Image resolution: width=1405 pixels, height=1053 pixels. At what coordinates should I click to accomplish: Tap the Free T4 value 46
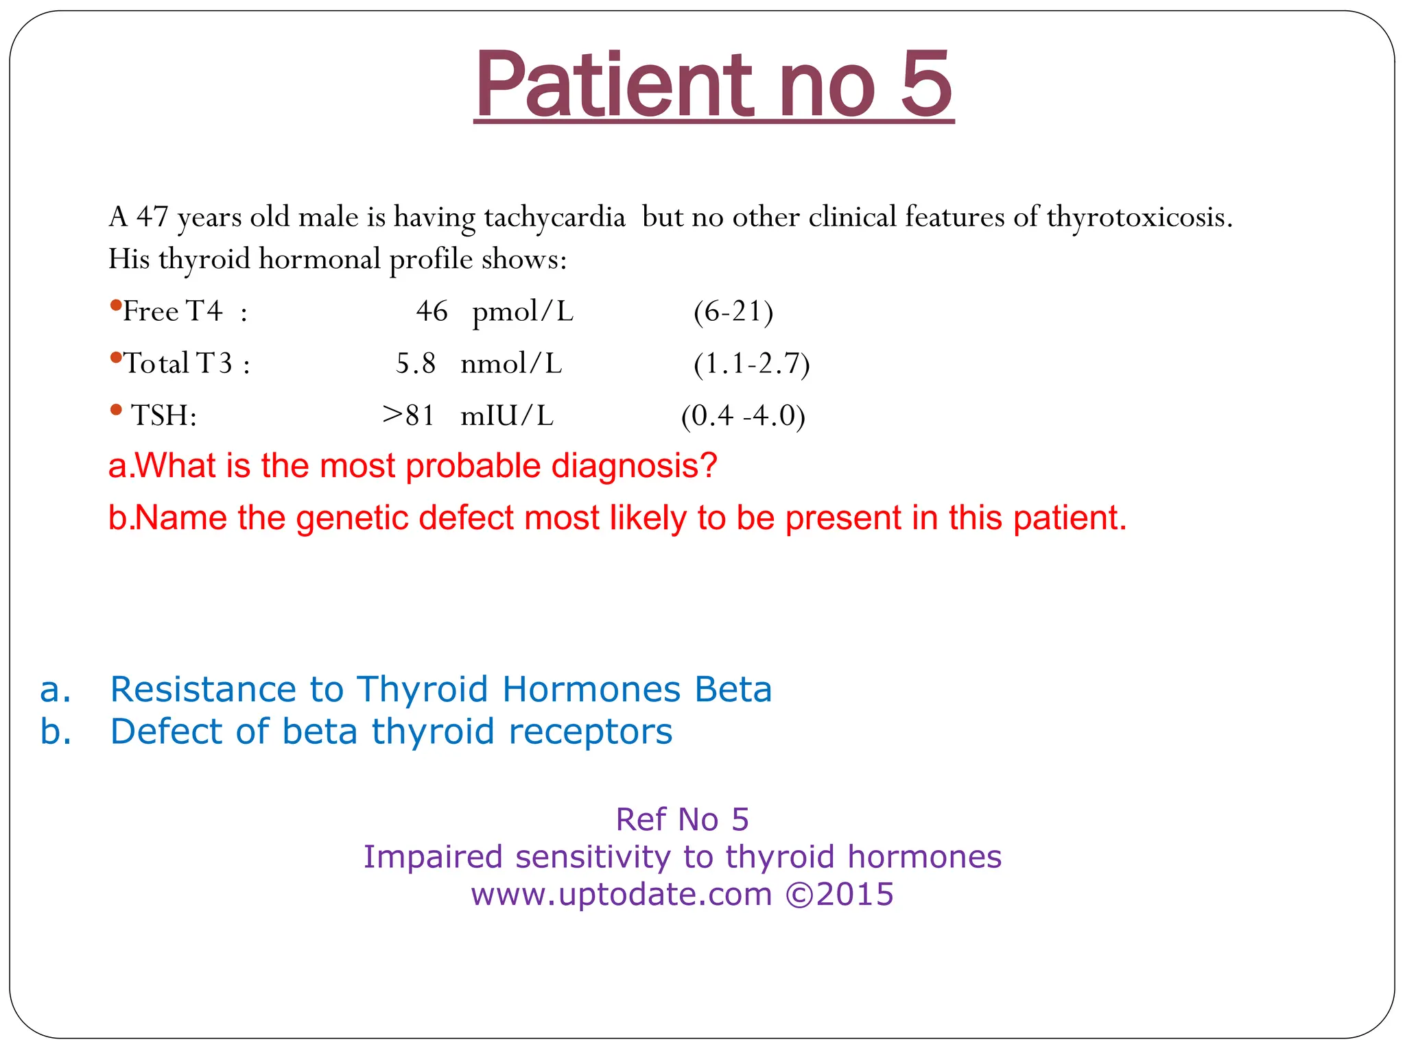tap(432, 311)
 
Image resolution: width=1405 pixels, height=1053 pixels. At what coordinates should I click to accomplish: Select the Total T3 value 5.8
tap(416, 363)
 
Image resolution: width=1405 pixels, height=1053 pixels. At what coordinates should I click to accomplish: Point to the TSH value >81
tap(409, 415)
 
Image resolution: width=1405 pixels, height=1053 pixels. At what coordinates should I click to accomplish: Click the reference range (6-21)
tap(733, 311)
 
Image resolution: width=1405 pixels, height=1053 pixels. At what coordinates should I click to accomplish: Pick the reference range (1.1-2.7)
tap(751, 363)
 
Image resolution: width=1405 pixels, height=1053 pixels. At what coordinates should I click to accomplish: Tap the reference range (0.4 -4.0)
tap(743, 415)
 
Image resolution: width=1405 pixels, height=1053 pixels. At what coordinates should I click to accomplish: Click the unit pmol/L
tap(523, 313)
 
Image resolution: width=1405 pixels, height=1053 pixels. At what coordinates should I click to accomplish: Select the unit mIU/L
tap(507, 415)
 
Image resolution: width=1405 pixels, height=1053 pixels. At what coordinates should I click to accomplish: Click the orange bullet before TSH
tap(116, 410)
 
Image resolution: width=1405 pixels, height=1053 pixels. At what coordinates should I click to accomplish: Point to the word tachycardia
tap(554, 217)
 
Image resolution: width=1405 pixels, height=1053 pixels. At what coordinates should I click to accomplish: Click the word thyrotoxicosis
tap(1140, 217)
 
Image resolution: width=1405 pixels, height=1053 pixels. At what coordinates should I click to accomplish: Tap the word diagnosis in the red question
tap(634, 465)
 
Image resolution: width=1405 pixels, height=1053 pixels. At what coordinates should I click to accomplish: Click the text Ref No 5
tap(682, 819)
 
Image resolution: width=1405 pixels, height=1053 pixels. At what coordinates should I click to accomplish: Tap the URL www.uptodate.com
tap(621, 894)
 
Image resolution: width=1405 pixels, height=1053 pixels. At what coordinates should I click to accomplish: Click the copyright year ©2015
tap(839, 894)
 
